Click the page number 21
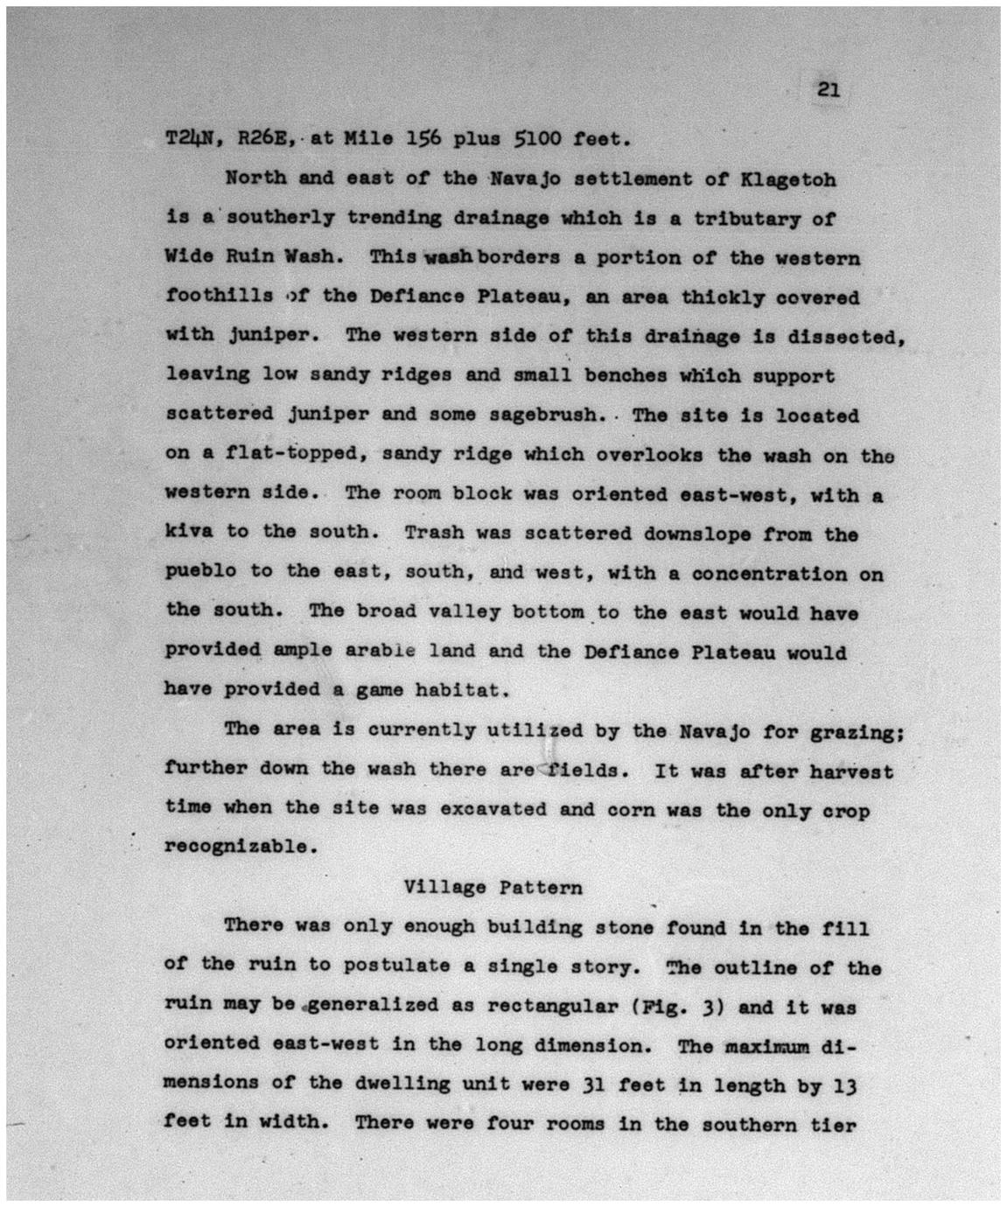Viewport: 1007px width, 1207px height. pos(829,89)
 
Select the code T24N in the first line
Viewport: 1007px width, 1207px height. pos(192,139)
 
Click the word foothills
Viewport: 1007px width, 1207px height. pos(219,297)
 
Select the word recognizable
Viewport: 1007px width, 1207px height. pos(236,848)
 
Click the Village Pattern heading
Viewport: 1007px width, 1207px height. pos(493,888)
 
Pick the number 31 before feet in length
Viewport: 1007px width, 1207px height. pos(588,1085)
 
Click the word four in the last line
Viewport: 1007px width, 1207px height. pos(507,1124)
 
